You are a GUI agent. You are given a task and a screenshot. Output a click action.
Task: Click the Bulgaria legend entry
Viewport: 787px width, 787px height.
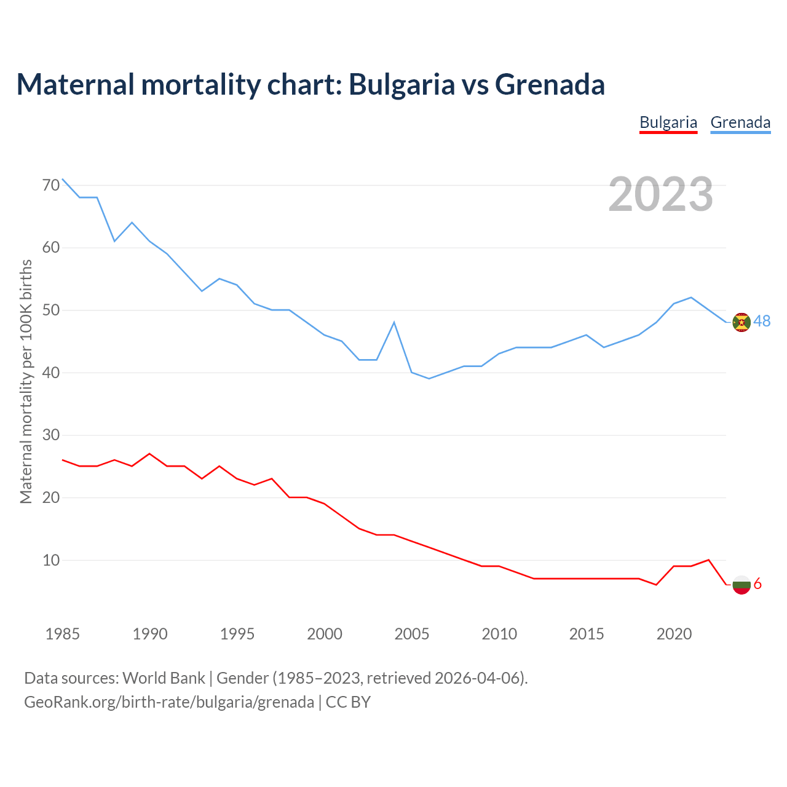[668, 122]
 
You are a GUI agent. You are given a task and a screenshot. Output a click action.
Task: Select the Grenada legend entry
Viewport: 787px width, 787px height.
[740, 122]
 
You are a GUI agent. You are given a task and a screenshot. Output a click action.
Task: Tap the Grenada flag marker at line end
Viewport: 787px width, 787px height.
[742, 322]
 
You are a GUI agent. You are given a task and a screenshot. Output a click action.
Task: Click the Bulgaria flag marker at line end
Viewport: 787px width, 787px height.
[742, 585]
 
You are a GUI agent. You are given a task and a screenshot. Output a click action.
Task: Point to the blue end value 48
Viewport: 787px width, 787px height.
[762, 321]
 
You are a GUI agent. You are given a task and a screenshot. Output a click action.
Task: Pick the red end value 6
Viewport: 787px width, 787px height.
[757, 583]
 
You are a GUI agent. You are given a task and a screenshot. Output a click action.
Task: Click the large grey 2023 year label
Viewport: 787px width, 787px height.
[660, 194]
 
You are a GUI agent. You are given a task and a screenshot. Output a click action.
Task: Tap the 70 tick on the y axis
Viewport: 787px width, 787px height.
[51, 185]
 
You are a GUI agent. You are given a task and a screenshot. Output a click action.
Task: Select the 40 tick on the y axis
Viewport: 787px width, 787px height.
[51, 373]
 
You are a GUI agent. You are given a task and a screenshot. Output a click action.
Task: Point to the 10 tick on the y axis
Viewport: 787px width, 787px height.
[51, 560]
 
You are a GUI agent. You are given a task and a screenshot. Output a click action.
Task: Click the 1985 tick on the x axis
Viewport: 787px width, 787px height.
[63, 634]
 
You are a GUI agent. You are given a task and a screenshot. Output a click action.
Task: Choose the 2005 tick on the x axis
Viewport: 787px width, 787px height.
[411, 634]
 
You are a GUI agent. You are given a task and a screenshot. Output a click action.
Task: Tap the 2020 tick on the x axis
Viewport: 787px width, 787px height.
[674, 634]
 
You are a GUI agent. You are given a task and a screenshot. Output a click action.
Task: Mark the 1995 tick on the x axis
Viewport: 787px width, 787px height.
[237, 634]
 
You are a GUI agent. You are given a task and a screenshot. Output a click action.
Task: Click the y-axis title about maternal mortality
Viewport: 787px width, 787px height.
[26, 381]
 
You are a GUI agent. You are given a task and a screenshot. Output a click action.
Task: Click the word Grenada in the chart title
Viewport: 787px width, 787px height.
[550, 84]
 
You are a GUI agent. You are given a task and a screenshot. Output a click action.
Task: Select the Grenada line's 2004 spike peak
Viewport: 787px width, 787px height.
[393, 322]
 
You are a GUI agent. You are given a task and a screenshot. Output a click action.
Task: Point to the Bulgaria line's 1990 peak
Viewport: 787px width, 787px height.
[149, 454]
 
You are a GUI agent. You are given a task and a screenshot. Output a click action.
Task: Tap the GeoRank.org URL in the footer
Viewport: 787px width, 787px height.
[169, 702]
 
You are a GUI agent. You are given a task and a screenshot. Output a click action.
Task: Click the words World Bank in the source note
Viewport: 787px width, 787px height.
[164, 678]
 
